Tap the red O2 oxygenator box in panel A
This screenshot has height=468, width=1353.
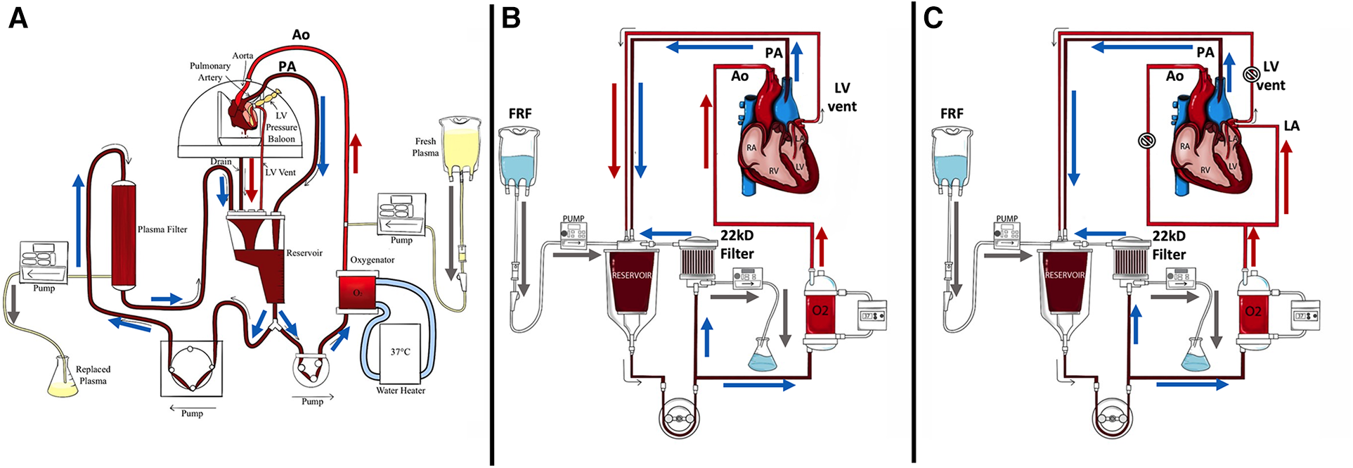(357, 293)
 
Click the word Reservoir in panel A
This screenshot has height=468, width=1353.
(304, 253)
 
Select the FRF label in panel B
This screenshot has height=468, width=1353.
(520, 113)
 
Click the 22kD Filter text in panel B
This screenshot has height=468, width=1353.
(737, 244)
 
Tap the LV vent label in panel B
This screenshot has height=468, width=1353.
(842, 97)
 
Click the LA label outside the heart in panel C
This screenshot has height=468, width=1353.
(1292, 126)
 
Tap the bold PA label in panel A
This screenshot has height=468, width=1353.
(287, 66)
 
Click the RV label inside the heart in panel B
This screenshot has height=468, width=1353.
(773, 170)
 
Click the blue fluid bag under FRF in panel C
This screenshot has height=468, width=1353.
(952, 162)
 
